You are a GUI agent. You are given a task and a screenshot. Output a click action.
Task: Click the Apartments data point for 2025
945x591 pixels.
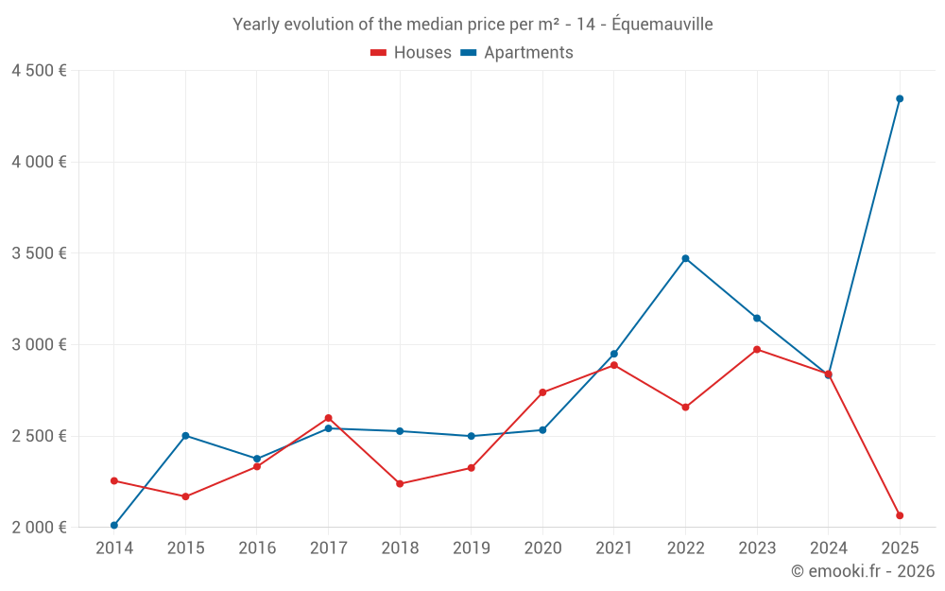pyautogui.click(x=900, y=98)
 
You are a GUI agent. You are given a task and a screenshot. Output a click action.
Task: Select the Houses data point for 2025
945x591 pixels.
pyautogui.click(x=900, y=515)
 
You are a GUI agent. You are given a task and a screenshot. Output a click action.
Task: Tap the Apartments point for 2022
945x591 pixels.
pyautogui.click(x=685, y=258)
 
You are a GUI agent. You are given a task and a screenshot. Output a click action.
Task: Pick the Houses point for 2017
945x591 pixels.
pyautogui.click(x=328, y=418)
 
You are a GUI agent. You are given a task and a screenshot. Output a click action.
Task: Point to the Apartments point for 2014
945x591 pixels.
pyautogui.click(x=114, y=526)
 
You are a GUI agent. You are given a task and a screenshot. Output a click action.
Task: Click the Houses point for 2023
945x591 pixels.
pyautogui.click(x=757, y=350)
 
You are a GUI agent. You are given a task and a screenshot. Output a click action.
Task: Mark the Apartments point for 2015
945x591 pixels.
pyautogui.click(x=185, y=436)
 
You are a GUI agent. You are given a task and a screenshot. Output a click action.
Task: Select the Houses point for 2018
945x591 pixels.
pyautogui.click(x=400, y=483)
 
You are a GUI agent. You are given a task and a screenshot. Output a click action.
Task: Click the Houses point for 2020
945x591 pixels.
pyautogui.click(x=542, y=392)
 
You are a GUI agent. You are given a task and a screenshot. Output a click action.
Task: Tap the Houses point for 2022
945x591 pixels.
pyautogui.click(x=685, y=408)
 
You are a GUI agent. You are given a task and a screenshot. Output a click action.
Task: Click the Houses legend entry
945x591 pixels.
pyautogui.click(x=411, y=53)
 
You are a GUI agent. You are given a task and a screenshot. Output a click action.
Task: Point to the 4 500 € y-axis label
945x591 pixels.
pyautogui.click(x=39, y=71)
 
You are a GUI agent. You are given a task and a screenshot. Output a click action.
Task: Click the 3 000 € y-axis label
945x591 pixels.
pyautogui.click(x=39, y=344)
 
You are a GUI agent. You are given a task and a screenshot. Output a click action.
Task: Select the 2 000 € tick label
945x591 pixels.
pyautogui.click(x=39, y=528)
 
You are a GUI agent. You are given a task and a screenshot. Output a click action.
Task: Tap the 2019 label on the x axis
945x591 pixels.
pyautogui.click(x=471, y=548)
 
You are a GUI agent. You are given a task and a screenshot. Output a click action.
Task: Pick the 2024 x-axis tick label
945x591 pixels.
pyautogui.click(x=828, y=548)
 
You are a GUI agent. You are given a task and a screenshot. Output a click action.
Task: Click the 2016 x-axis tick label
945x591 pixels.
pyautogui.click(x=257, y=548)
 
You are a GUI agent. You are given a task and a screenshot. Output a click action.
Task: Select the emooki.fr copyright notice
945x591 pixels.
pyautogui.click(x=862, y=571)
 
